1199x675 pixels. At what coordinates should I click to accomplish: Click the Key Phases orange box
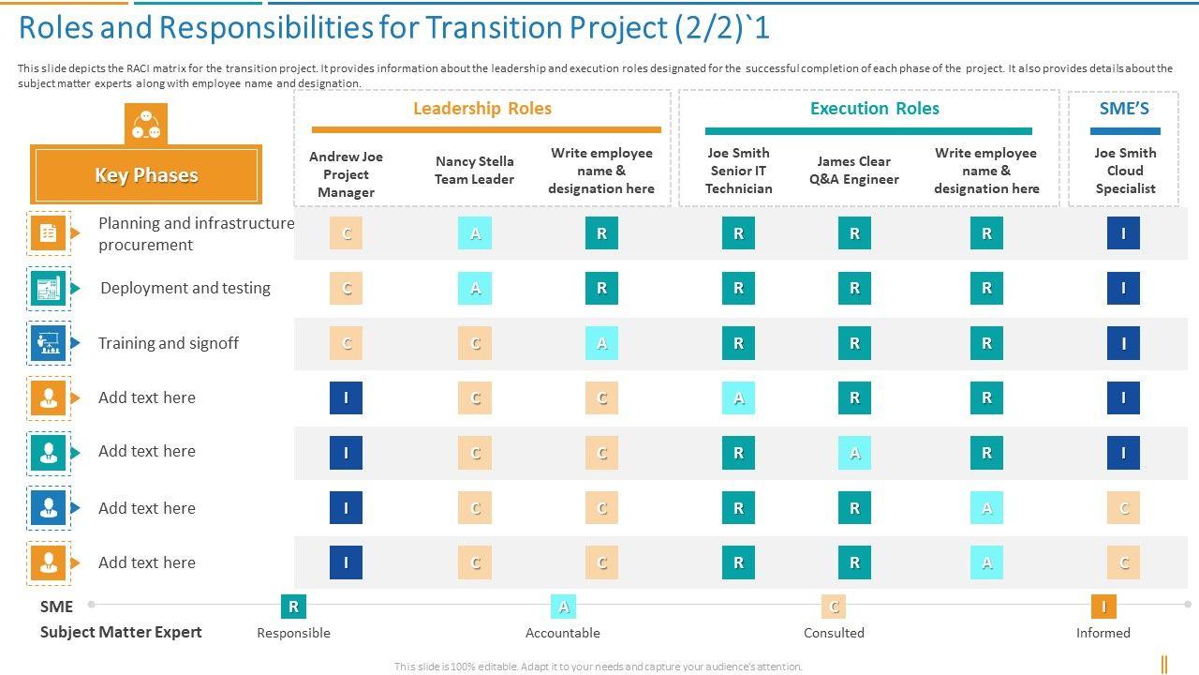[146, 175]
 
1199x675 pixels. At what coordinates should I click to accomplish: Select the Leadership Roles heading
[482, 109]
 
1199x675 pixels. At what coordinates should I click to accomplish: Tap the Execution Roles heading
[874, 109]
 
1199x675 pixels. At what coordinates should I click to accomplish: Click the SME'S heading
[1124, 109]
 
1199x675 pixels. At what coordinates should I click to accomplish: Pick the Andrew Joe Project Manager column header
[346, 174]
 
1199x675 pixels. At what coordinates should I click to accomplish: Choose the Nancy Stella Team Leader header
[474, 170]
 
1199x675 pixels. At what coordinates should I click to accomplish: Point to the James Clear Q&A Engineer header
[854, 170]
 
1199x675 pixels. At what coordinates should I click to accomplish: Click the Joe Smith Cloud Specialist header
[1125, 171]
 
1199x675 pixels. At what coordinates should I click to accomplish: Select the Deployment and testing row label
[185, 288]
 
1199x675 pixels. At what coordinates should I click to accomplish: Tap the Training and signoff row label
[169, 343]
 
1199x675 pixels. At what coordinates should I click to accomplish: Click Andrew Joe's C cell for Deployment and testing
[346, 289]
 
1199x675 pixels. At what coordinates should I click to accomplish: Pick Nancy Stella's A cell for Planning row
[475, 233]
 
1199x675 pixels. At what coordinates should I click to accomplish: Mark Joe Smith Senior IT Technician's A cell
[738, 398]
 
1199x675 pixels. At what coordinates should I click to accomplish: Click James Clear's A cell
[854, 453]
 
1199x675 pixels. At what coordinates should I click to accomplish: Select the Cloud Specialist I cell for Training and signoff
[1123, 344]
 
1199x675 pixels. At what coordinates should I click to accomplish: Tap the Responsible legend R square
[293, 607]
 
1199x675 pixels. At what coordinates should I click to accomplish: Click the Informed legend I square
[1103, 607]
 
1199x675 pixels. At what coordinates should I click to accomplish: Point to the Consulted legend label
[834, 633]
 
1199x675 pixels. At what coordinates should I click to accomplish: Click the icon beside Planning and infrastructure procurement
[49, 232]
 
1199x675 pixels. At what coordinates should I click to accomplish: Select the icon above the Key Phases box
[146, 124]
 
